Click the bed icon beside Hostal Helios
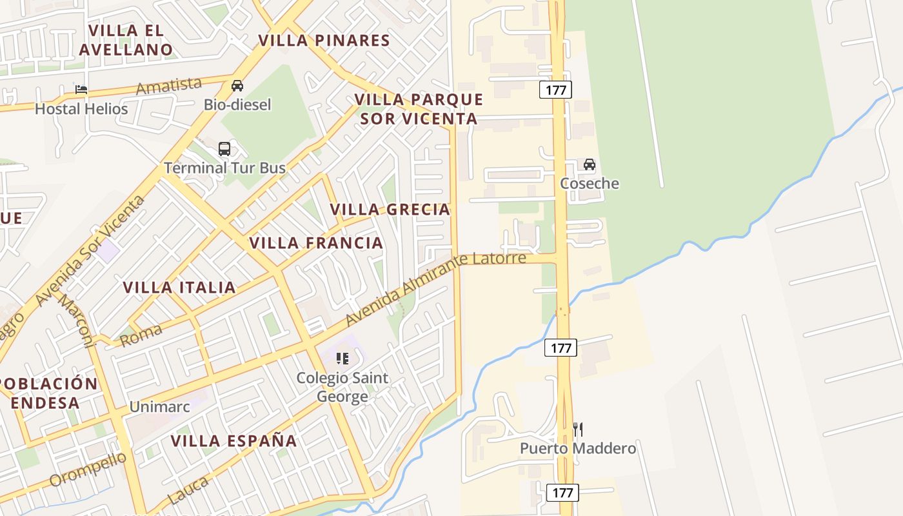coord(81,89)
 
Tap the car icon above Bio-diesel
coord(237,85)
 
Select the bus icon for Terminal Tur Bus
coord(224,149)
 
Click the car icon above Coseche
coord(590,164)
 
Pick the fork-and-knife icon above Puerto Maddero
coord(578,429)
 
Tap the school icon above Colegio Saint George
coord(342,358)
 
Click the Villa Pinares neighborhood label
coord(324,41)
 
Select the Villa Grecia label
coord(390,210)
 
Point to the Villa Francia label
coord(316,243)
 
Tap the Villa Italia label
coord(179,288)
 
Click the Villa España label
coord(233,441)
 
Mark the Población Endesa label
coord(47,393)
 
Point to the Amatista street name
coord(169,85)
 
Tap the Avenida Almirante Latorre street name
coord(435,288)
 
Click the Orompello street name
coord(88,469)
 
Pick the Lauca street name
coord(188,490)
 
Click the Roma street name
coord(141,334)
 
